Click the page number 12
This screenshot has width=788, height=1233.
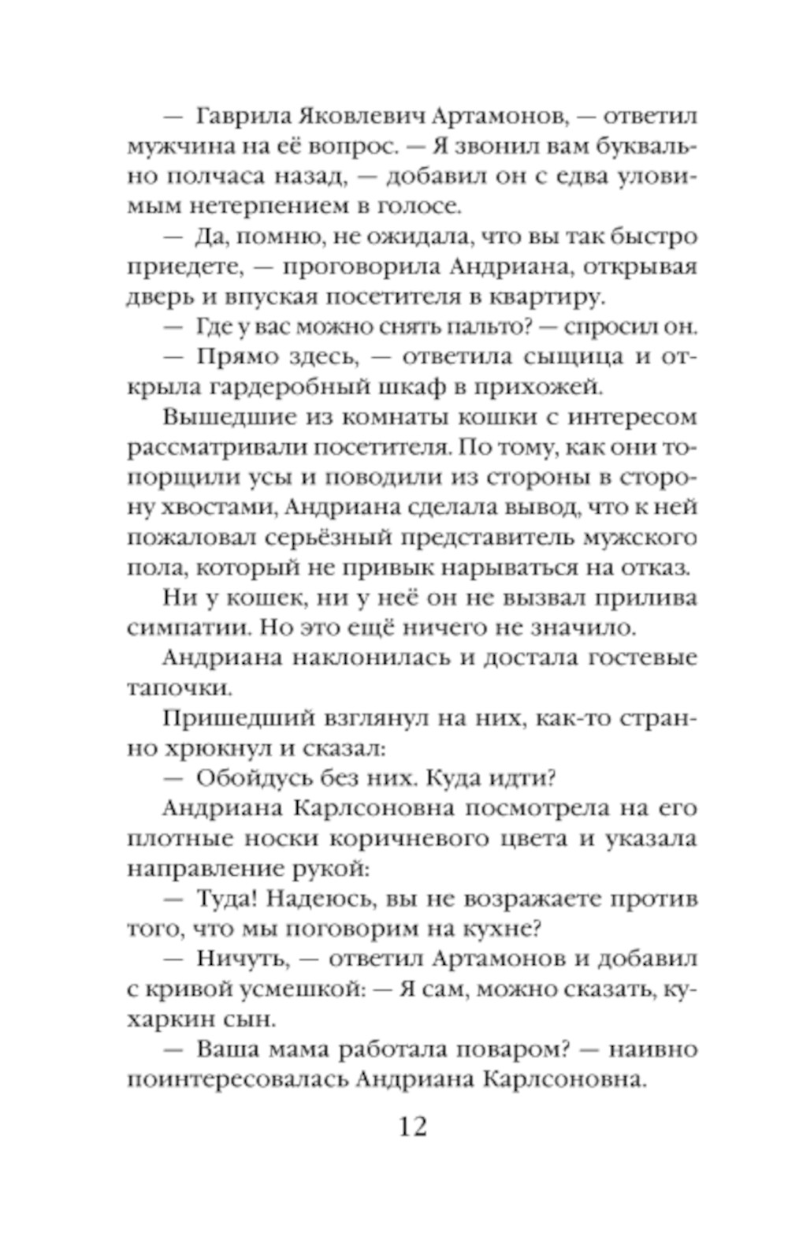point(413,1127)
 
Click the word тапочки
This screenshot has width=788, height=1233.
point(167,688)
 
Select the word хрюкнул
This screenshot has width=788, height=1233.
point(217,748)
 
